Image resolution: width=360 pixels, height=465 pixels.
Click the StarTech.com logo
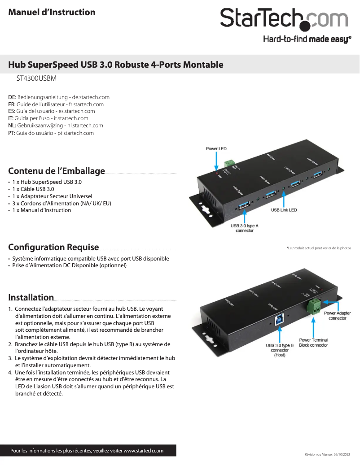(x=284, y=19)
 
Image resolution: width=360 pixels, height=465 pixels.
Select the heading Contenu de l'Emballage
(x=57, y=171)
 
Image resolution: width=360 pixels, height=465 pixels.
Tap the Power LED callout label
(x=216, y=148)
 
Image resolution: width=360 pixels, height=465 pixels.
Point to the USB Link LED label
(x=284, y=210)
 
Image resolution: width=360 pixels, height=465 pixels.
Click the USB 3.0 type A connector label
(x=245, y=228)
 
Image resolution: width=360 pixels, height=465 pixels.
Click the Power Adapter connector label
(x=338, y=316)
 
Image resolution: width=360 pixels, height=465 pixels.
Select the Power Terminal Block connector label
(x=313, y=343)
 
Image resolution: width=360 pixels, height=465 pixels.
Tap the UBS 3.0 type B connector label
(x=280, y=350)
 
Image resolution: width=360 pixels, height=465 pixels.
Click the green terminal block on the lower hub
(x=315, y=307)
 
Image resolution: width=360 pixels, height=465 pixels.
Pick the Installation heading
(x=31, y=297)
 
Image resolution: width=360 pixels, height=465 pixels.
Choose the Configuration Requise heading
(x=54, y=247)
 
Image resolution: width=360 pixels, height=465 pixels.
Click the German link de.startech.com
(x=91, y=97)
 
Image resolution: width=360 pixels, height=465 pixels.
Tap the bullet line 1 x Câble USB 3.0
(x=33, y=189)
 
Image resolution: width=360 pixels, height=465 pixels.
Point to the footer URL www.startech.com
(x=143, y=451)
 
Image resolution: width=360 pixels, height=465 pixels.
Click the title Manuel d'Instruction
(x=52, y=12)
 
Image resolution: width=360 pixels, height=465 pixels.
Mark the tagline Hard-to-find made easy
(x=307, y=39)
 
